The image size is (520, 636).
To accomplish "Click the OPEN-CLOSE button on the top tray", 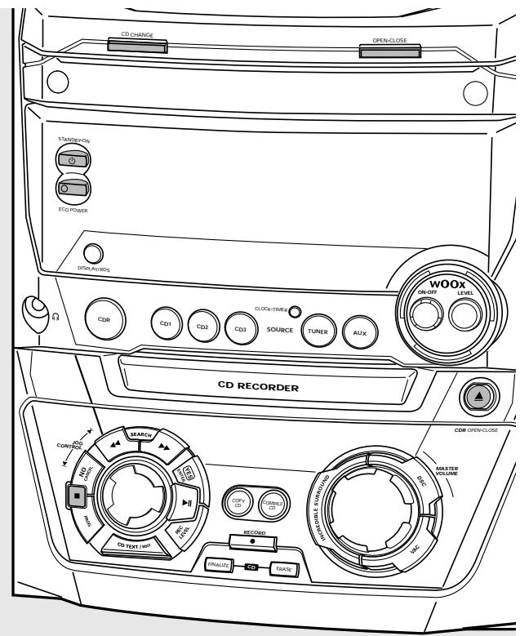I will point(389,51).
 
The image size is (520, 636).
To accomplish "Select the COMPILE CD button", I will point(273,505).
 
